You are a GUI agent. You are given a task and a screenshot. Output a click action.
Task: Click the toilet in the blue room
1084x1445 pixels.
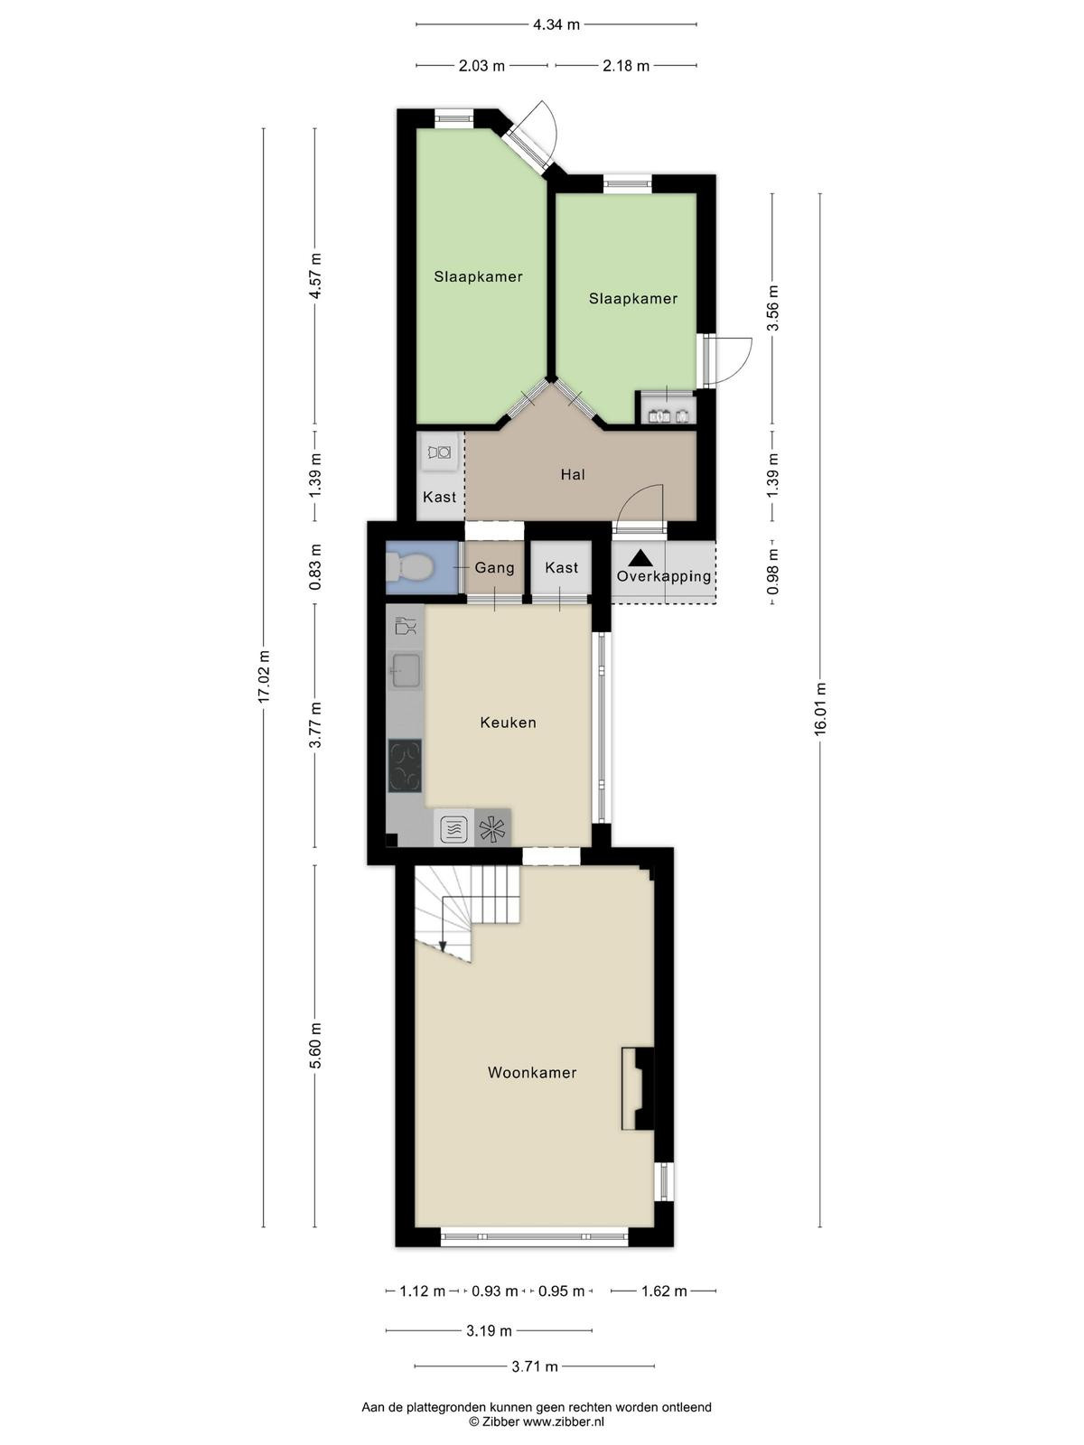408,566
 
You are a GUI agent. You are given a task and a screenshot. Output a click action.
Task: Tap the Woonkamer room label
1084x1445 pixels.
532,1072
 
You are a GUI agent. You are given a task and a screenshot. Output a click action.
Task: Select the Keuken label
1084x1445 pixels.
508,722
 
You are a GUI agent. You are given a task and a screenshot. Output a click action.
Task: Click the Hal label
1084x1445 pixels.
573,474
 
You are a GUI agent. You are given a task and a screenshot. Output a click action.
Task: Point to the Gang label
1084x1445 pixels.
494,567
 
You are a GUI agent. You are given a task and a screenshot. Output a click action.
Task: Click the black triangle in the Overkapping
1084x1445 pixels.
640,558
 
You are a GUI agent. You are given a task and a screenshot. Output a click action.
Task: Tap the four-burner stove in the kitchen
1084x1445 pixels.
405,766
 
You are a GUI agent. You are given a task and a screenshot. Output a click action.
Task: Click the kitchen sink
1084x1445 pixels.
406,671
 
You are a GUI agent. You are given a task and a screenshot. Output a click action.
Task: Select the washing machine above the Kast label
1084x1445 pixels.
439,452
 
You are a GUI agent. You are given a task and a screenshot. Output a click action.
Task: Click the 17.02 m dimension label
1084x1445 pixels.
264,676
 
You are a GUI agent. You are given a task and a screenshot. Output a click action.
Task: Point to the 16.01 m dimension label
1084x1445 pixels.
820,708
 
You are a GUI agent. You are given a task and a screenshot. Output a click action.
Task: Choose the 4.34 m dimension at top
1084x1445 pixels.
556,25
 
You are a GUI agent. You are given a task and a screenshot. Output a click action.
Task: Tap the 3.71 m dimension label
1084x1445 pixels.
535,1366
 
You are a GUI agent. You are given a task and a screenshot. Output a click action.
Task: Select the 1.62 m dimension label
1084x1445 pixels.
664,1291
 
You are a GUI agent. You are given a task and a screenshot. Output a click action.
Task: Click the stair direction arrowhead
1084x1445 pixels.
443,946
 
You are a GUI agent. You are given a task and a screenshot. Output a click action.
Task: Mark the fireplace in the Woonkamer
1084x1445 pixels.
638,1088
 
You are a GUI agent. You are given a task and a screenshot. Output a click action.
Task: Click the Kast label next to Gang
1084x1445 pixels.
561,567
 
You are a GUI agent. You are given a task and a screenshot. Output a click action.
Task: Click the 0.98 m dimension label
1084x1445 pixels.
772,572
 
